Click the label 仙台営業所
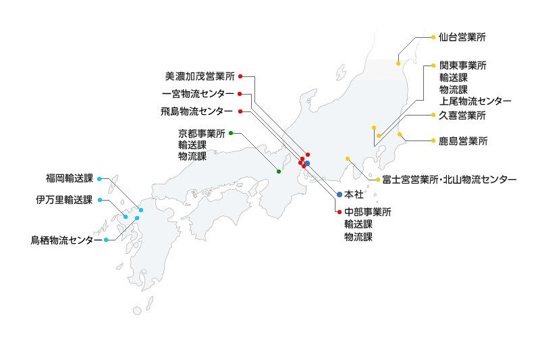pos(462,37)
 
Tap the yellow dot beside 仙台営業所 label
pos(433,37)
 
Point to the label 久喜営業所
pos(462,115)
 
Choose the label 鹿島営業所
pos(462,142)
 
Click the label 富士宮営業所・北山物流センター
pos(449,180)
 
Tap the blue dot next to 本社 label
pos(340,195)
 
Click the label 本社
pos(354,195)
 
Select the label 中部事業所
pos(367,212)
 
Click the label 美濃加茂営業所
pos(200,76)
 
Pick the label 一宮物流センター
pos(198,93)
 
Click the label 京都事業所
pos(201,133)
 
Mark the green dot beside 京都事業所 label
pos(231,133)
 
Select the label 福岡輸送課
pos(69,179)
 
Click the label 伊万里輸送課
pos(64,200)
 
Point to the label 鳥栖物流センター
pos(67,240)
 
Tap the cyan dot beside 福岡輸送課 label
pos(99,179)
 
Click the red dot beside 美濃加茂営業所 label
pos(240,76)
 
